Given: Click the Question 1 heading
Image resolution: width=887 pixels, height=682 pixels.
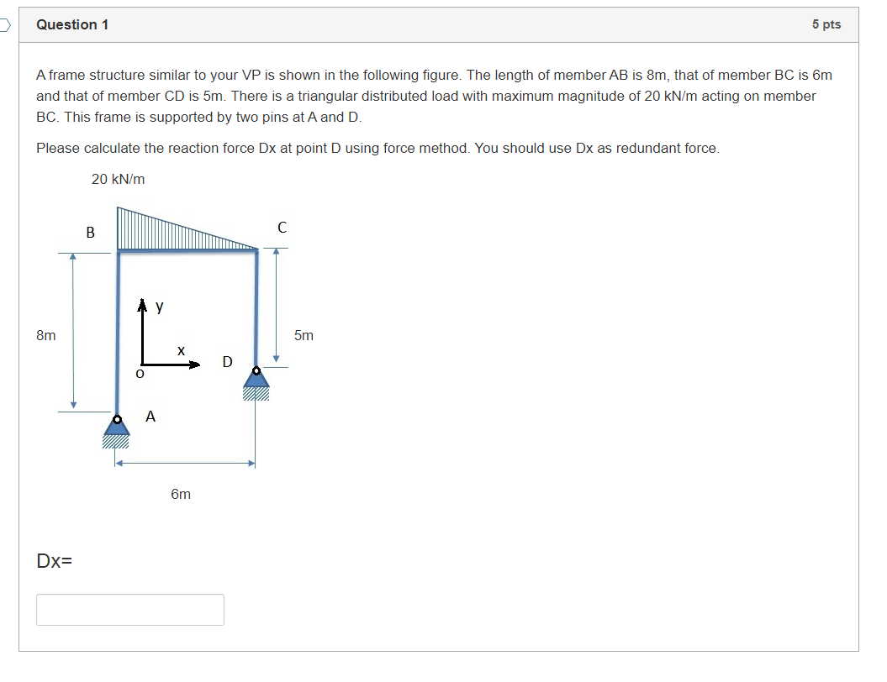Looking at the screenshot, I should coord(72,24).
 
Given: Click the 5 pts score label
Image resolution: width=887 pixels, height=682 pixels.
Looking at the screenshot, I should coord(826,24).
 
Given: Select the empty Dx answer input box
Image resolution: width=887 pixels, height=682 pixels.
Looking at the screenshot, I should coord(130,610).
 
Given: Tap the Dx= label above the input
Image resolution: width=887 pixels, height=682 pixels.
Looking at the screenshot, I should coord(54,560).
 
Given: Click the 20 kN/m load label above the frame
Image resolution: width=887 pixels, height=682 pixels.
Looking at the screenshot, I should coord(118,179).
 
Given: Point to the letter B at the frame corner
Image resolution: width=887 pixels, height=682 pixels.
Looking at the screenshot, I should coord(91,231).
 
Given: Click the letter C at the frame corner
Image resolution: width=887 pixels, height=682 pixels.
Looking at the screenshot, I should coord(282,228).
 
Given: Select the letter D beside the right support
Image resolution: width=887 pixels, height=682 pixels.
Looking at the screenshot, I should coord(227,362).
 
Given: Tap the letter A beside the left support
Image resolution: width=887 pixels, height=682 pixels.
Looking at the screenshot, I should coord(150,416).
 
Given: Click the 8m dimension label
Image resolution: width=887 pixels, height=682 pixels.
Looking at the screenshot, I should coord(46,335).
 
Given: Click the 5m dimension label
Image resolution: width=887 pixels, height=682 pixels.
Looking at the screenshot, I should coord(304,335).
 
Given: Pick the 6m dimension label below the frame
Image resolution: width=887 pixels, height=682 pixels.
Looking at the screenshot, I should coord(181,494).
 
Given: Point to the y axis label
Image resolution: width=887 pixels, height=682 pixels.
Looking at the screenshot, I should coord(159,307).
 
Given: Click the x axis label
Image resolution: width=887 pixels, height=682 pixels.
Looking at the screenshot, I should coord(180,349).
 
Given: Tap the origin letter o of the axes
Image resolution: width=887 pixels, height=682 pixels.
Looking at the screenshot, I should coord(140,372).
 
